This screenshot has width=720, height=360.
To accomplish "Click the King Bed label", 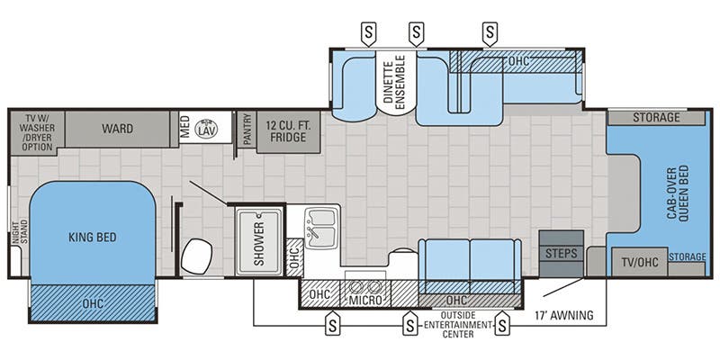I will coord(94,238).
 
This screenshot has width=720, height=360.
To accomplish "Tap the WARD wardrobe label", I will coord(117,129).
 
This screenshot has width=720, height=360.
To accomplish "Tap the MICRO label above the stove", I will coord(365,298).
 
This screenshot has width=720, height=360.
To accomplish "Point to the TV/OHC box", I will coord(638,263).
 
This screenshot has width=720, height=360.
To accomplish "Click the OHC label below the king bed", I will coord(93,302).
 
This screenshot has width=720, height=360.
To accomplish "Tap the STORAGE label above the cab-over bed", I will coord(655,117).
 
